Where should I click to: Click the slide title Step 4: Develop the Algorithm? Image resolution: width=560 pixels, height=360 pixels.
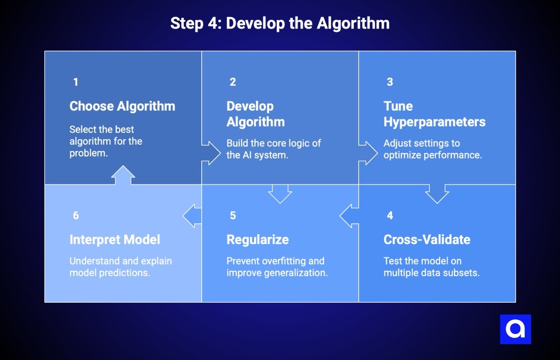(280, 24)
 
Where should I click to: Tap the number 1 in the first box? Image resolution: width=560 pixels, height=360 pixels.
(76, 82)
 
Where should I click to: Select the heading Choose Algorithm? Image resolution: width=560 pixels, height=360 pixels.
(122, 106)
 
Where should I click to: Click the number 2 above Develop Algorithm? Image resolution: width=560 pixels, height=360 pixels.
(233, 82)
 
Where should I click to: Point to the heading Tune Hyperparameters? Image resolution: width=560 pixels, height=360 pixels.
(434, 114)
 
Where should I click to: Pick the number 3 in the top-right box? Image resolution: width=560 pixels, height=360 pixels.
(390, 82)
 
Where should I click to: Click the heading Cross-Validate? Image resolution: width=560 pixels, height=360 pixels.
(427, 240)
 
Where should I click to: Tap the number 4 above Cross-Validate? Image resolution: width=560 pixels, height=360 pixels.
(390, 215)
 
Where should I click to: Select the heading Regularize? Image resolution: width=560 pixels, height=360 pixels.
(257, 240)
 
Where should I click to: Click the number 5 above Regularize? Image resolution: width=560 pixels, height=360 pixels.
(233, 215)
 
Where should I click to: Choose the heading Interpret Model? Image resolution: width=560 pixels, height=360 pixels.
(115, 240)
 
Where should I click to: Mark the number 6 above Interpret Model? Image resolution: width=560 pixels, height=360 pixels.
(76, 215)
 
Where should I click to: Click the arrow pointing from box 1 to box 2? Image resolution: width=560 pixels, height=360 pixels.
(212, 153)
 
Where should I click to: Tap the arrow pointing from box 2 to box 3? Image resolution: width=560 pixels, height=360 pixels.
(369, 153)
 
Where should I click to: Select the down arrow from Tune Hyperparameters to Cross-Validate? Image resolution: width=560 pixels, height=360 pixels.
(437, 193)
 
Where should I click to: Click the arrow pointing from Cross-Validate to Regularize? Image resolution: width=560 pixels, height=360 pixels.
(349, 216)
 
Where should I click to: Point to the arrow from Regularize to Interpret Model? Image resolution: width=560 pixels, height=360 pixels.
(192, 216)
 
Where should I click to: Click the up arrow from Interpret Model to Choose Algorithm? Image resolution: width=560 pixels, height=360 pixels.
(123, 175)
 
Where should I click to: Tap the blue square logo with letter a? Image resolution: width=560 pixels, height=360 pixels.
(515, 329)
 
